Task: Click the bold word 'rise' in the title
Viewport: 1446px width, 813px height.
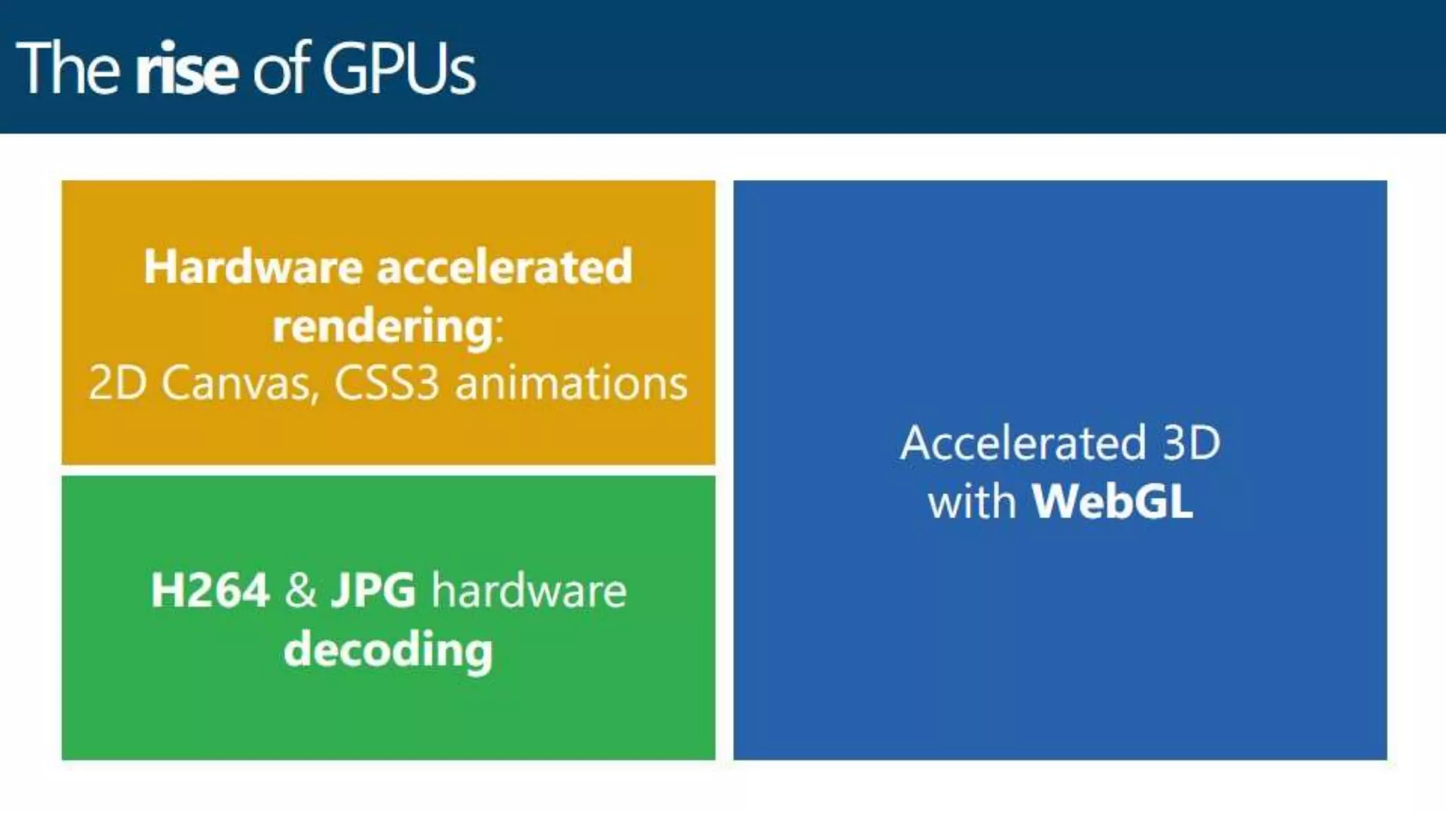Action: click(x=186, y=69)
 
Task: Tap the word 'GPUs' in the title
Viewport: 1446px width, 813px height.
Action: click(x=399, y=69)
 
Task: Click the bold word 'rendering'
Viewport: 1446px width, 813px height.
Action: click(x=383, y=326)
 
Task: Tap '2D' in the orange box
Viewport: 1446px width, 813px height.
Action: click(x=117, y=384)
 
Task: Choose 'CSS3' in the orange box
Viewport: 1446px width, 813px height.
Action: click(x=386, y=384)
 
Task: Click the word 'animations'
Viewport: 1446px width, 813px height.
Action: click(x=571, y=384)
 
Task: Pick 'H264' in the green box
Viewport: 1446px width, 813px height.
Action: click(x=210, y=590)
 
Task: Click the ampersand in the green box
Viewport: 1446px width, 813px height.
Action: click(x=301, y=590)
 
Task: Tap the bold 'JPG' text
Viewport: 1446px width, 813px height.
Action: click(x=374, y=590)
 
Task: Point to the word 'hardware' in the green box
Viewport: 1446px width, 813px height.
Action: click(x=529, y=590)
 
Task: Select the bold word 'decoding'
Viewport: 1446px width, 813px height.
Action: click(x=388, y=650)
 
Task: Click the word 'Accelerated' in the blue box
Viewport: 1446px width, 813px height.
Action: click(x=1023, y=443)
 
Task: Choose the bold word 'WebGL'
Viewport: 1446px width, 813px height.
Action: click(x=1112, y=502)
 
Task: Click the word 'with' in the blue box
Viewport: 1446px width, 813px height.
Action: click(x=972, y=502)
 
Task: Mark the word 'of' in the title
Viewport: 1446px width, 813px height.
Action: click(x=281, y=69)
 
